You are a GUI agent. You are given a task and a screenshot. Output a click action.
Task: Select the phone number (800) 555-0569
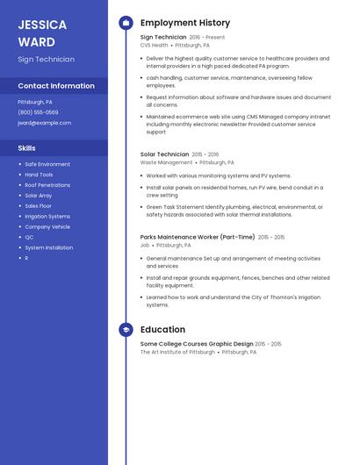[38, 112]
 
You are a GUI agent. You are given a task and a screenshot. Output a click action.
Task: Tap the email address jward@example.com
[44, 123]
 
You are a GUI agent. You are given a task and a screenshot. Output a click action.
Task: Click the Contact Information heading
[56, 86]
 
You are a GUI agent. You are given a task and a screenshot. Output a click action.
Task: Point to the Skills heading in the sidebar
[26, 148]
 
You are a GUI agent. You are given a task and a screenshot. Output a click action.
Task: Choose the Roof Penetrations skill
[47, 185]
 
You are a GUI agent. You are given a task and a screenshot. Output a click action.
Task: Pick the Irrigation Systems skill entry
[47, 216]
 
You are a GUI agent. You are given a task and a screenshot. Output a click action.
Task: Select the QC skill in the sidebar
[29, 237]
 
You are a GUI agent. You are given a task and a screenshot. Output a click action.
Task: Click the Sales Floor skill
[39, 205]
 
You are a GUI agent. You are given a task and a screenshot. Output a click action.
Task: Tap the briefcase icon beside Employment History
[126, 23]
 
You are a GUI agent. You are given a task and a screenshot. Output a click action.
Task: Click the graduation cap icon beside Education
[126, 329]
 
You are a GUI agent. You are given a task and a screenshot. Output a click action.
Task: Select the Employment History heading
[185, 23]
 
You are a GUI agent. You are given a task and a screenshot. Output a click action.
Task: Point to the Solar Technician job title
[164, 154]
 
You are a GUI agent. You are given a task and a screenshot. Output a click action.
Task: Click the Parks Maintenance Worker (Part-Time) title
[198, 237]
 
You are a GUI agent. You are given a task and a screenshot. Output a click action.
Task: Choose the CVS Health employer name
[154, 45]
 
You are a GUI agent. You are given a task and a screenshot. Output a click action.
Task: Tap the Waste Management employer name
[166, 162]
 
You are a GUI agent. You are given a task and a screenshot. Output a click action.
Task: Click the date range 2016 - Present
[207, 37]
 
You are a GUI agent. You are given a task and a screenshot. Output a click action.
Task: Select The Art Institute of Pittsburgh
[177, 352]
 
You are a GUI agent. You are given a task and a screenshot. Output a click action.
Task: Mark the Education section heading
[162, 329]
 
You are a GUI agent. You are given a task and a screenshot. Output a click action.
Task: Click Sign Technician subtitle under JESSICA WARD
[46, 59]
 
